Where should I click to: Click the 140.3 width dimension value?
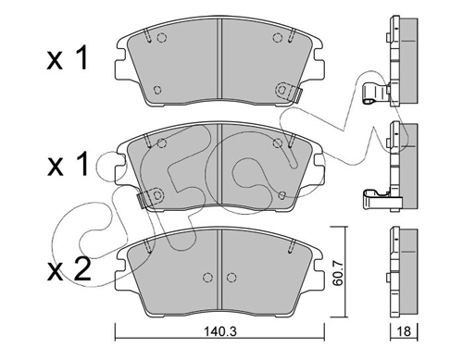click(220, 331)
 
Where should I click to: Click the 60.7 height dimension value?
click(339, 273)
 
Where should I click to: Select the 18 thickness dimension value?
click(404, 331)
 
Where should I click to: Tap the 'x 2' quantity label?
click(69, 268)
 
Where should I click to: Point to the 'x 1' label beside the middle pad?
click(68, 165)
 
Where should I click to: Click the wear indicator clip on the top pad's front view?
click(289, 92)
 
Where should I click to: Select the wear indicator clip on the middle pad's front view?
click(150, 197)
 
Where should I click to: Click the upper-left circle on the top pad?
click(162, 38)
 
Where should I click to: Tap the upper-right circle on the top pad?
click(278, 38)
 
